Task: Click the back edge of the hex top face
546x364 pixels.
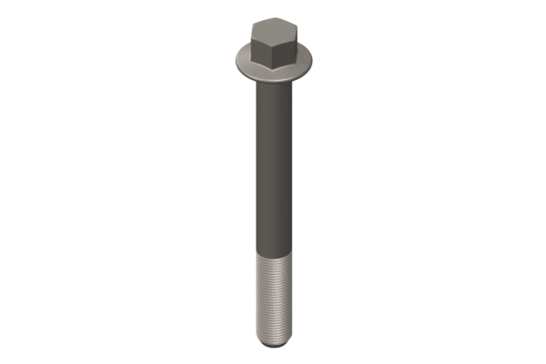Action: click(273, 17)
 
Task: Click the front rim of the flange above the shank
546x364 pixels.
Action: click(273, 77)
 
